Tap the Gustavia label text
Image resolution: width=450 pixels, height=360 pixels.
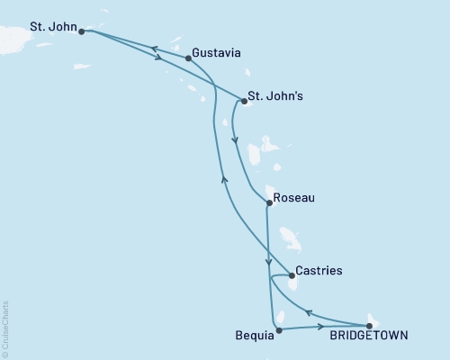(x=216, y=53)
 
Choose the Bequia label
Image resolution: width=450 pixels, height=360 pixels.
(x=249, y=336)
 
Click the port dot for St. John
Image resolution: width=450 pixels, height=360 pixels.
(x=82, y=31)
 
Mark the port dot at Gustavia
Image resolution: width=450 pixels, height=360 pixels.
(x=187, y=58)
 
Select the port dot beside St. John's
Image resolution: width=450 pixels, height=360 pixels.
(x=244, y=102)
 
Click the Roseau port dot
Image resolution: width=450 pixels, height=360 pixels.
(x=268, y=203)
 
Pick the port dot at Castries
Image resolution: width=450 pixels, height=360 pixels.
(x=291, y=276)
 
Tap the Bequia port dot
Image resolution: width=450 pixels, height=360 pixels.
(x=279, y=330)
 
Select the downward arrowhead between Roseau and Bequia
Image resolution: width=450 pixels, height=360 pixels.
(x=268, y=264)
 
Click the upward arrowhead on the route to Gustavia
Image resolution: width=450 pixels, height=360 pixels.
(x=222, y=179)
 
